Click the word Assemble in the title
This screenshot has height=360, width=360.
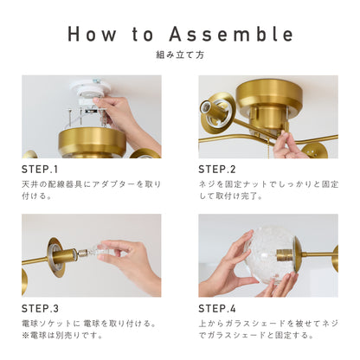coord(231,34)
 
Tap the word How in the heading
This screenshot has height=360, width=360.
coord(92,34)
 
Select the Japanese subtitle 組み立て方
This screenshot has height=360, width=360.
coord(180,55)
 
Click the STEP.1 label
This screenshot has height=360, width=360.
coord(40,170)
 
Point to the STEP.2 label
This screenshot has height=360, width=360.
coord(217,170)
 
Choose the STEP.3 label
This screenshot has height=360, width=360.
coord(40,309)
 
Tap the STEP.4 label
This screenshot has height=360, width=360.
coord(217,309)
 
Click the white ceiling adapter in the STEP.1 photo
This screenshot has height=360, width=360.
coord(87,93)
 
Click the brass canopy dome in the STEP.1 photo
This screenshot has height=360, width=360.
coord(92,143)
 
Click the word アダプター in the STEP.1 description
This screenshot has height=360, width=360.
coord(113,184)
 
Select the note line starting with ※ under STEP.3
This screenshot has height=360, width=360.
coord(62,335)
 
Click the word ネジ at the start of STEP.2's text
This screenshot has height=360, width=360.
coord(207,184)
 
